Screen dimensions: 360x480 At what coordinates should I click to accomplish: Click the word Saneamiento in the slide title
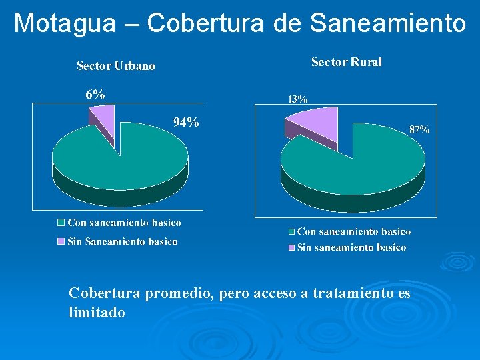point(388,23)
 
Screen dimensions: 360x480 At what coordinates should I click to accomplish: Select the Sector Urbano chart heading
point(116,65)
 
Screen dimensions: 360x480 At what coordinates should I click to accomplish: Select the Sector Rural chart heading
point(347,62)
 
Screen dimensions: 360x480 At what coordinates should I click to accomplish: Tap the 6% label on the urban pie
point(95,95)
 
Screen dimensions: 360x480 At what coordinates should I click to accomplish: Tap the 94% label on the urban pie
point(186,122)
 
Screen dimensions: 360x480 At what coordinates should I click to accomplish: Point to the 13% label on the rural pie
point(297,99)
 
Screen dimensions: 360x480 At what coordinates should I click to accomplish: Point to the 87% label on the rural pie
point(419,131)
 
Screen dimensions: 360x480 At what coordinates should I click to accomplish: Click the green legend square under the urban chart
point(61,223)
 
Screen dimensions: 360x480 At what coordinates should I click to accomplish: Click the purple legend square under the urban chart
point(61,241)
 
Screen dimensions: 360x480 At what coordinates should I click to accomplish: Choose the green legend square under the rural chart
point(291,232)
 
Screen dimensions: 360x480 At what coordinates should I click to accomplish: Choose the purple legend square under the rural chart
point(291,248)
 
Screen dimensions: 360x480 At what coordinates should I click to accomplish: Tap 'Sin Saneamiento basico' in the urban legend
point(123,241)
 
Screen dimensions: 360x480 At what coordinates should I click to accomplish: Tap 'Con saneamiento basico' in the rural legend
point(354,231)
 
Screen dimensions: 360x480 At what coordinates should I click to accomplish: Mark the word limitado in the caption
point(97,312)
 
